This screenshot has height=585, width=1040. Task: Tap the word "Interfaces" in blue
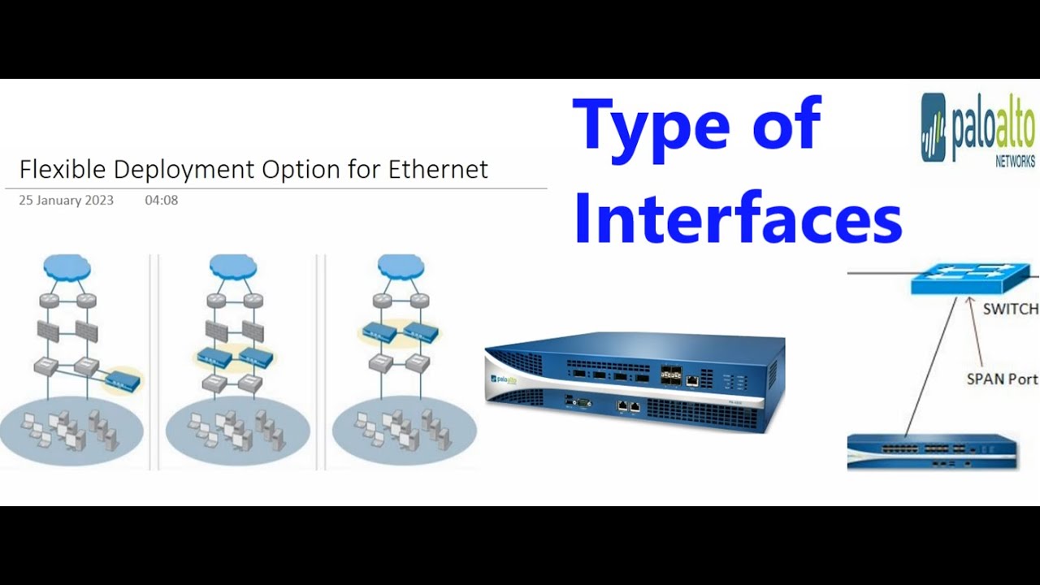(x=738, y=219)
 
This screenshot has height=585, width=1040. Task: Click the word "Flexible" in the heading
(x=63, y=169)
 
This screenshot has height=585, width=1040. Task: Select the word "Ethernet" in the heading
(x=438, y=169)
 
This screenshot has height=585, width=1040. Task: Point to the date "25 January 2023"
(x=66, y=200)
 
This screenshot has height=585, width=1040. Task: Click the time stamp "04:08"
(x=161, y=200)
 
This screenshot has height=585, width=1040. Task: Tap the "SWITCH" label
(x=1010, y=309)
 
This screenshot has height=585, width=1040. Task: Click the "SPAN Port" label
(x=1001, y=379)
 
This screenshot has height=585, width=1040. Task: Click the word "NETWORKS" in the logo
(x=1015, y=162)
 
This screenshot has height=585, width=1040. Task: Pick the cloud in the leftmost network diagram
(x=67, y=267)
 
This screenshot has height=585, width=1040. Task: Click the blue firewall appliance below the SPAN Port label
(x=931, y=450)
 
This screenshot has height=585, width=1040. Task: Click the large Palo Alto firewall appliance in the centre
(x=634, y=382)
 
